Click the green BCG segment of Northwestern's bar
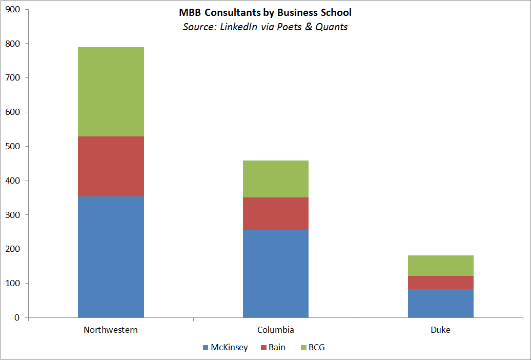click(x=111, y=92)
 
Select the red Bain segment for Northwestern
click(x=111, y=167)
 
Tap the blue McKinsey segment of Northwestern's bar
click(x=111, y=257)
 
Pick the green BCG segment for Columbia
click(x=276, y=179)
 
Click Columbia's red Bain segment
click(x=276, y=213)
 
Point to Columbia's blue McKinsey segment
click(x=276, y=273)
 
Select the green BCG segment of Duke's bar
click(x=441, y=266)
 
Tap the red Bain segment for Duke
click(x=441, y=283)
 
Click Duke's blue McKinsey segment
click(x=441, y=303)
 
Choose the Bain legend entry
click(x=273, y=347)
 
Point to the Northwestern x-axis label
click(x=111, y=330)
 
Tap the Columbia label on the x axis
click(x=276, y=330)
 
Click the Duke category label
click(x=441, y=330)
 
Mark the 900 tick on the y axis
click(x=13, y=9)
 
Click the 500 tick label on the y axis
click(x=13, y=146)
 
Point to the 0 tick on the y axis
click(x=17, y=317)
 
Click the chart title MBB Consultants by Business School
click(x=265, y=12)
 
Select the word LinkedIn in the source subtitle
click(x=239, y=27)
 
